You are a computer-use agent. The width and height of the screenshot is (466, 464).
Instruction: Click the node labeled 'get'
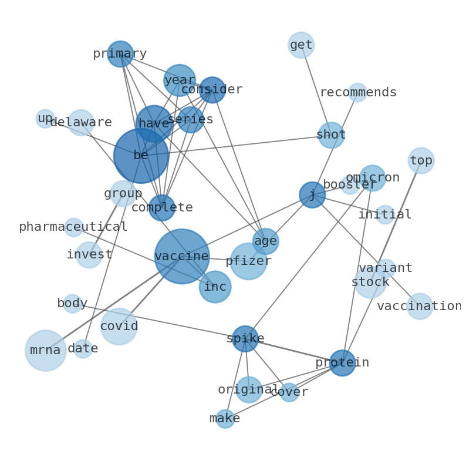click(x=301, y=45)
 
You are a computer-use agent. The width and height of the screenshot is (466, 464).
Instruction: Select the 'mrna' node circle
click(x=45, y=351)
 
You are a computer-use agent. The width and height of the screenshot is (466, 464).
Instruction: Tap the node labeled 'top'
click(x=421, y=160)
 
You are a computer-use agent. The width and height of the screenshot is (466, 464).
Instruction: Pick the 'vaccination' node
click(x=419, y=306)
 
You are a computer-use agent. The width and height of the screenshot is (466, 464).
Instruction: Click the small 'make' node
click(x=225, y=419)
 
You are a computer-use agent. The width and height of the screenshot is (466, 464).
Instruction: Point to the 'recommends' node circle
click(x=357, y=92)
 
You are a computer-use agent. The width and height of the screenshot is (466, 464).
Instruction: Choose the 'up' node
click(x=45, y=119)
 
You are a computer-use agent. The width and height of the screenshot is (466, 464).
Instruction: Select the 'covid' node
click(x=119, y=327)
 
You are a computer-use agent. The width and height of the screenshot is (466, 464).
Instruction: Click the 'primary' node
click(x=120, y=54)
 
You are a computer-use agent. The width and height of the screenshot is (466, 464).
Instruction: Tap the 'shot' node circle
click(x=331, y=135)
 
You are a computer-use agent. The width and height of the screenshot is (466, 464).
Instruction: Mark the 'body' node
click(x=72, y=304)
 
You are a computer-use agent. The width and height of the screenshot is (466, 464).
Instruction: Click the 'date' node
click(x=83, y=348)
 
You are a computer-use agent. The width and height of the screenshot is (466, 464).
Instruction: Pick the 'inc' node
click(x=215, y=287)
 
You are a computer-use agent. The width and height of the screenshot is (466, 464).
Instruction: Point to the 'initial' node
click(x=385, y=214)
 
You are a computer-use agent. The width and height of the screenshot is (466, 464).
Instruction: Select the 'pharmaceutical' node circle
click(x=73, y=227)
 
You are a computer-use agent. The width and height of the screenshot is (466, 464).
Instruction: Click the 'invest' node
click(x=89, y=254)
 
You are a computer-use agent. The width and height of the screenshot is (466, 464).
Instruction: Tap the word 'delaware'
click(x=81, y=122)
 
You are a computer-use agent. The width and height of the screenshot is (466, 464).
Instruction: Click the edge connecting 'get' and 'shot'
click(x=316, y=90)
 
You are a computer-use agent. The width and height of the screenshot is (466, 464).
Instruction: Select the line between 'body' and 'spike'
click(x=158, y=321)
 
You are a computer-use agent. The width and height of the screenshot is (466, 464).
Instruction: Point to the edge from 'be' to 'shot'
click(x=237, y=145)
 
